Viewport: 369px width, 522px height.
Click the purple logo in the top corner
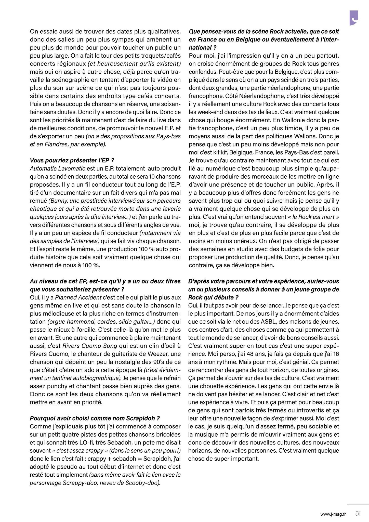[x=353, y=18]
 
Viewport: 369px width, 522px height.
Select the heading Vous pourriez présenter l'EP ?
[x=72, y=161]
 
